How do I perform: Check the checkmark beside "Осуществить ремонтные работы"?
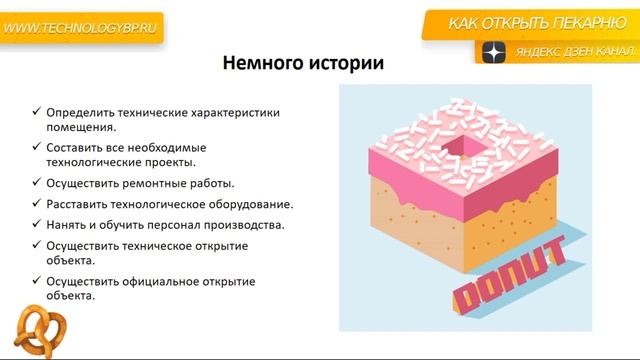pyautogui.click(x=35, y=183)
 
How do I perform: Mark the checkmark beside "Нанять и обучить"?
pyautogui.click(x=35, y=225)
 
